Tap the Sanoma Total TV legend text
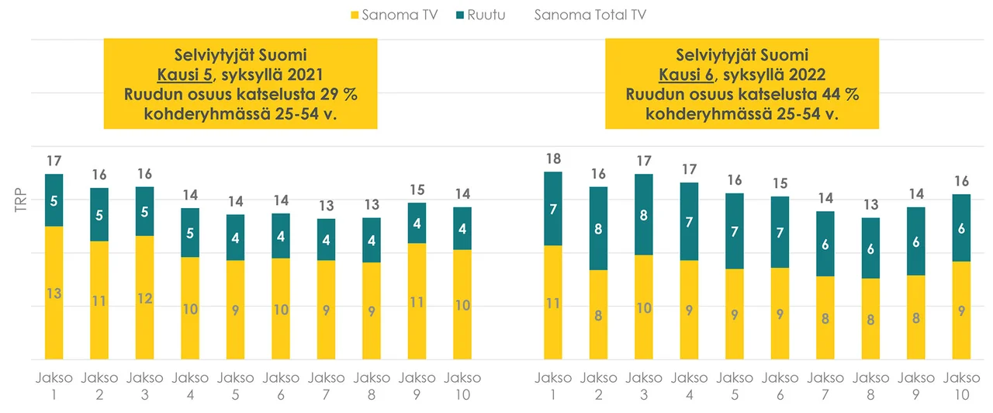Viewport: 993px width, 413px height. point(590,15)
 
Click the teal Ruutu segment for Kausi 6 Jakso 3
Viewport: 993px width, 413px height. point(644,215)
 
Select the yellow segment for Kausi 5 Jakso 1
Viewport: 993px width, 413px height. point(54,293)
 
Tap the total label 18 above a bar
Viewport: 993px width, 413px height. point(553,159)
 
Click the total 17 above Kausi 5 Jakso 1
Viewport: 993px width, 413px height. point(54,161)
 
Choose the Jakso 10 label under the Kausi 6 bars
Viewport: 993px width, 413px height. point(961,386)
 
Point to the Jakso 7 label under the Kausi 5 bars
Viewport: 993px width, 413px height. point(327,386)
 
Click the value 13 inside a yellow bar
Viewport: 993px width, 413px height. point(54,293)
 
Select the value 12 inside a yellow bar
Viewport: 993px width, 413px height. point(144,298)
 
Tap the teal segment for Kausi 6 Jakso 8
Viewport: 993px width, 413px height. point(871,248)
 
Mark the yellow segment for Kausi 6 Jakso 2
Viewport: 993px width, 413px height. point(598,314)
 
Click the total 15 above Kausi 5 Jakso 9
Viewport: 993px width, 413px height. point(417,190)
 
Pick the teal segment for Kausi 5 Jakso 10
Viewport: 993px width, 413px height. point(462,228)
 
